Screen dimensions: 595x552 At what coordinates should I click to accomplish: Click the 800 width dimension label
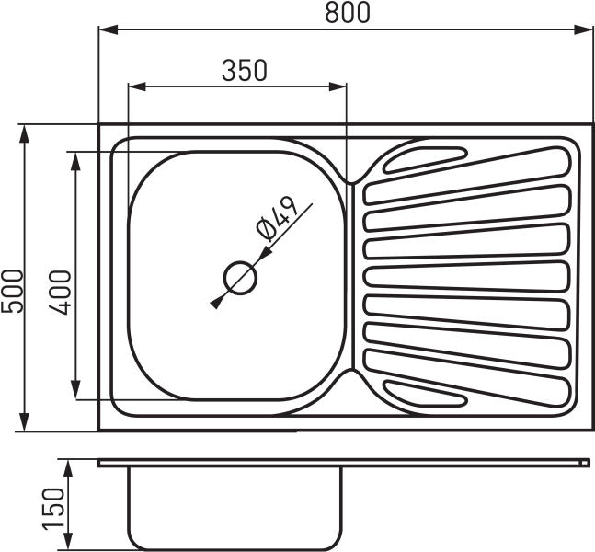(348, 13)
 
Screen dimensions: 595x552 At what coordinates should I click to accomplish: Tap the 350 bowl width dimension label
(245, 70)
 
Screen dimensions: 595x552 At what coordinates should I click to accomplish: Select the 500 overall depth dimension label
(12, 291)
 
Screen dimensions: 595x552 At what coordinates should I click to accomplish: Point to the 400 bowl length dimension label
(60, 293)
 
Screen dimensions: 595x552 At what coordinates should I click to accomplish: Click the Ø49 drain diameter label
(276, 219)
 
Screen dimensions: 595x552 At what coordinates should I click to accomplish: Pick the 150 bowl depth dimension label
(52, 509)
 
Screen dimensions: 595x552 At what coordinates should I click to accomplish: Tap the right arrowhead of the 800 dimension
(583, 29)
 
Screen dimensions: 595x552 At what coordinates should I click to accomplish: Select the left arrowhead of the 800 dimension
(109, 29)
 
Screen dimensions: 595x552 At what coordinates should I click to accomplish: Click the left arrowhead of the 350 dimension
(137, 86)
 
